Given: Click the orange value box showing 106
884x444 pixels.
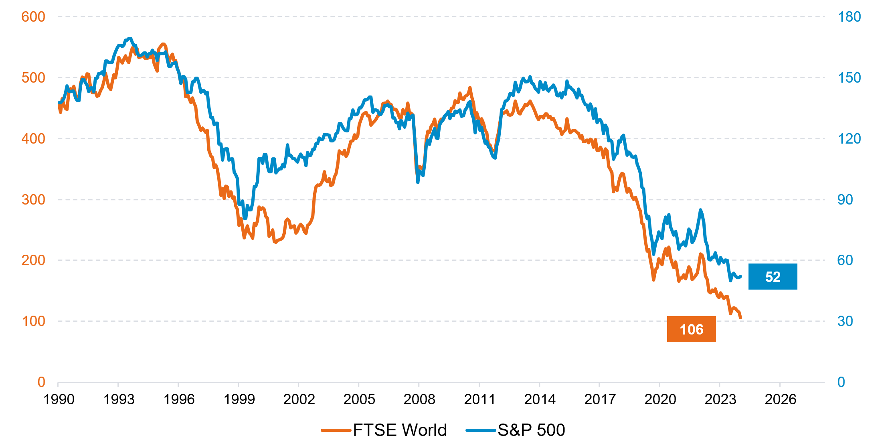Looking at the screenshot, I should [691, 329].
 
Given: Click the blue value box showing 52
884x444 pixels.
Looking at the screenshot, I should [773, 277].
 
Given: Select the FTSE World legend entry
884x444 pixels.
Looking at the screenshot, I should [384, 430].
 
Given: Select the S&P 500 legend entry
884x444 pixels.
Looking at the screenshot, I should [516, 430].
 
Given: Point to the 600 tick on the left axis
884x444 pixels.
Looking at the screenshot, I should [33, 17].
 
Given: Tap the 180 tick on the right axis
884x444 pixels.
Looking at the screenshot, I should [849, 17].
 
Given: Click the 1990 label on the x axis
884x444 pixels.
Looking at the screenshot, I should [59, 399].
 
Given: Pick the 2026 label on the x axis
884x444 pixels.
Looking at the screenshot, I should [780, 399].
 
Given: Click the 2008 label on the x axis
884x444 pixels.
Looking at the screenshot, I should [419, 399].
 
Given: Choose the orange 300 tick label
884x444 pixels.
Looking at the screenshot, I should [33, 199].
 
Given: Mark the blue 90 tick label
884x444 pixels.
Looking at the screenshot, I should [845, 199].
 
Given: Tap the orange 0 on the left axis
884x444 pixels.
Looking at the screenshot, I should [41, 382].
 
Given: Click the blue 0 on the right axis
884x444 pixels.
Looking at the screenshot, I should [841, 382].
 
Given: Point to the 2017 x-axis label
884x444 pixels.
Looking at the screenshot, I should [600, 399].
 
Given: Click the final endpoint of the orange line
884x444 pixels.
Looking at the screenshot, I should [740, 318].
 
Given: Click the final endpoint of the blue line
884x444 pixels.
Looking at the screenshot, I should [740, 276].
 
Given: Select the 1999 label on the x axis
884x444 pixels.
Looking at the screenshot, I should [239, 399].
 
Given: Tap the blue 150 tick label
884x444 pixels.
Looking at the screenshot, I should [849, 78].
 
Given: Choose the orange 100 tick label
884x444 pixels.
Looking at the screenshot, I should [33, 321].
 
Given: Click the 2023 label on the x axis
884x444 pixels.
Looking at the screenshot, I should [720, 399].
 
